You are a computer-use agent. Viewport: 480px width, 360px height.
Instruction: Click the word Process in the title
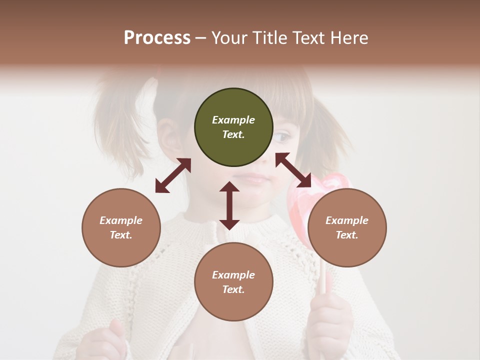coord(157,38)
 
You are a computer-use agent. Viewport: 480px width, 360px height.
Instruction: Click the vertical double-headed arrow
coord(229,205)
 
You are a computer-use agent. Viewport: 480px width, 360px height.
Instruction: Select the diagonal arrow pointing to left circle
coord(173,175)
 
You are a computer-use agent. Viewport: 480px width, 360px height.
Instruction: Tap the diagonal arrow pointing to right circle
coord(293,170)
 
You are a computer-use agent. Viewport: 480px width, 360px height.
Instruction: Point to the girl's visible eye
coord(283,136)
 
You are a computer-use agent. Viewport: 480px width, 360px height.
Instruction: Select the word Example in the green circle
coord(233,120)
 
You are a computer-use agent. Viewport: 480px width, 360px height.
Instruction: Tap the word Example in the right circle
coord(347,220)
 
